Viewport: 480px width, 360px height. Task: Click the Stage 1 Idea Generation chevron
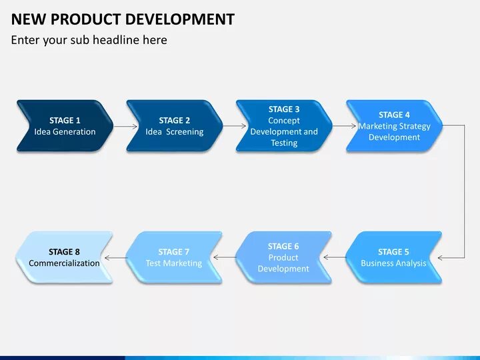pyautogui.click(x=65, y=126)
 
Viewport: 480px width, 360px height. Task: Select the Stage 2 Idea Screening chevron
pyautogui.click(x=175, y=126)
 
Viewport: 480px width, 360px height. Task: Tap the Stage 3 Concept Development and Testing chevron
pyautogui.click(x=284, y=126)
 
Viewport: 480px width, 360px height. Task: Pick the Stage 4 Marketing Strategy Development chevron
pyautogui.click(x=394, y=126)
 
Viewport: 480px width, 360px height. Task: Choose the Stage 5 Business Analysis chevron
pyautogui.click(x=393, y=257)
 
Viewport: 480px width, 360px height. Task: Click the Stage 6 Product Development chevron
pyautogui.click(x=283, y=257)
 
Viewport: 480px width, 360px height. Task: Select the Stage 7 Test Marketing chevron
pyautogui.click(x=173, y=257)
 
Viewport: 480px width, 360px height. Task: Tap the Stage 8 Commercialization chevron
pyautogui.click(x=64, y=257)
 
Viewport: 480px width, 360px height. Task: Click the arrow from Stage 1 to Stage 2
pyautogui.click(x=120, y=125)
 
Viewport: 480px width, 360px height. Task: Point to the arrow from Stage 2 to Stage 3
pyautogui.click(x=230, y=125)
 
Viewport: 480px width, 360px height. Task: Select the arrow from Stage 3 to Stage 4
pyautogui.click(x=339, y=125)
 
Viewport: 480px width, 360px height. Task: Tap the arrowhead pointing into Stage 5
pyautogui.click(x=441, y=257)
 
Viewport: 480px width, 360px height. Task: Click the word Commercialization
pyautogui.click(x=64, y=263)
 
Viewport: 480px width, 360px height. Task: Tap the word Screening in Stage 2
pyautogui.click(x=185, y=132)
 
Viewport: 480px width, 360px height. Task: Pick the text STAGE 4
pyautogui.click(x=394, y=115)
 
